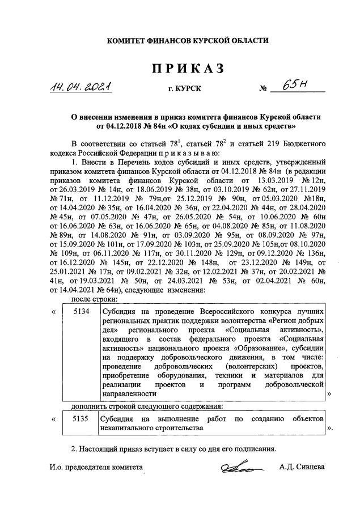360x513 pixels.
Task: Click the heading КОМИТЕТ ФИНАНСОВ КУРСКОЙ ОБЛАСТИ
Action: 181,40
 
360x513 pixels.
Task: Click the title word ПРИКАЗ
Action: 181,69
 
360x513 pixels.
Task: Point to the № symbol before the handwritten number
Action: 262,90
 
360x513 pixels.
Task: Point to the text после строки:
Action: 94,299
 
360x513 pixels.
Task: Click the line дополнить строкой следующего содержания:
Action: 147,406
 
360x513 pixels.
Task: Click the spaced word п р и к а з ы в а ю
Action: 186,152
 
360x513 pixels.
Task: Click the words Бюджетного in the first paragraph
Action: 301,142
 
